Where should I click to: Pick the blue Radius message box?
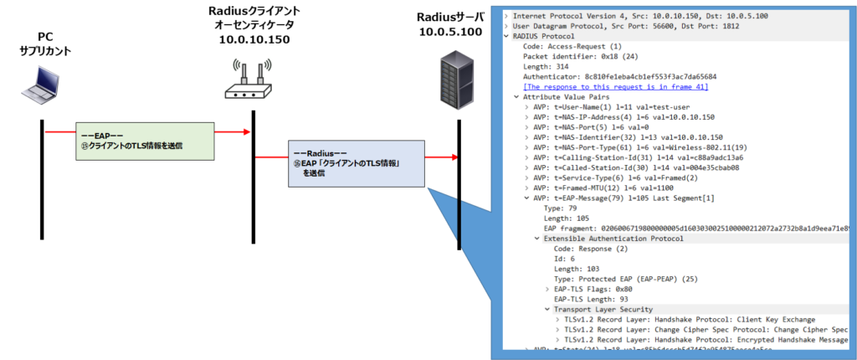357,162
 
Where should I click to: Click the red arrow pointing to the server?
441,157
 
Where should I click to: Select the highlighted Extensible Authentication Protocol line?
613,239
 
